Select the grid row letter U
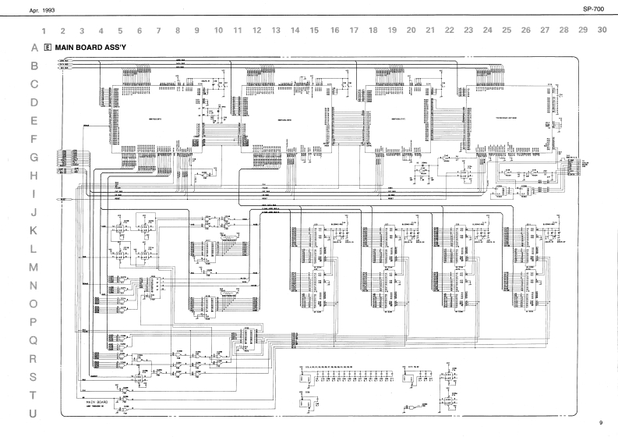coord(34,413)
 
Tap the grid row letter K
coord(34,231)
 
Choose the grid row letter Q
coord(34,340)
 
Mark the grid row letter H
coord(34,176)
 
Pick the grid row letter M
coord(34,268)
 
